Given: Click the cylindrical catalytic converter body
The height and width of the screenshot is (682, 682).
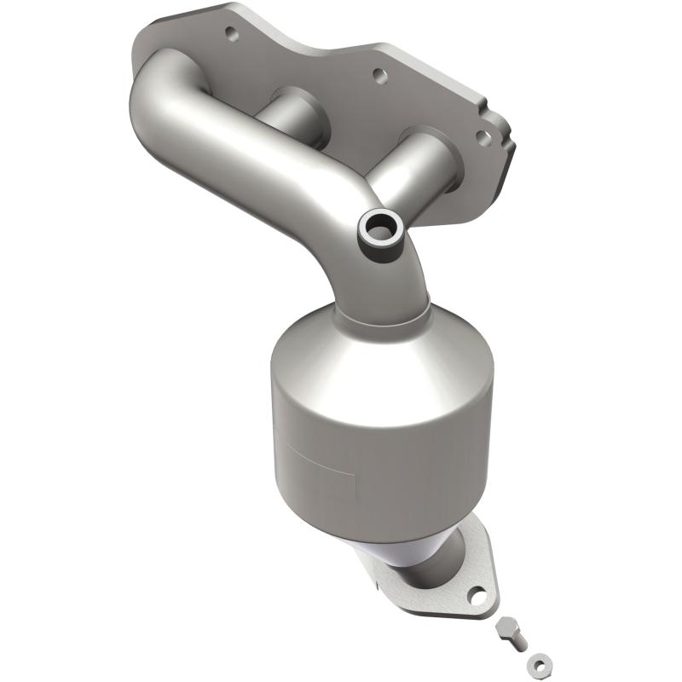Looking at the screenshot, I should pos(384,435).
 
